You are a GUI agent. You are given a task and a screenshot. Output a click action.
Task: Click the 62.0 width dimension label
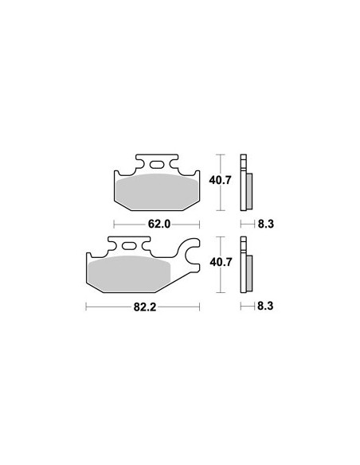[x=159, y=225]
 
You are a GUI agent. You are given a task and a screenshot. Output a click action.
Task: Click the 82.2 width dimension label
[x=145, y=307]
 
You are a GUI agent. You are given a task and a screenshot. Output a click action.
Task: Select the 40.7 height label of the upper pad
[x=220, y=180]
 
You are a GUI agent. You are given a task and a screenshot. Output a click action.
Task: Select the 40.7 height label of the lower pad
[x=221, y=262]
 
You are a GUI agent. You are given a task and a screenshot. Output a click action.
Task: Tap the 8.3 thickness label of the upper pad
[x=266, y=224]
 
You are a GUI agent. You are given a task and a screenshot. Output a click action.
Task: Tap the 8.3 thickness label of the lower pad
[x=265, y=306]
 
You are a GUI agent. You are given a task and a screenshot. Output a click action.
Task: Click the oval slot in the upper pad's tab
[x=157, y=164]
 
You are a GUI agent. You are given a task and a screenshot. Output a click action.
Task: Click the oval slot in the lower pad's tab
[x=129, y=246]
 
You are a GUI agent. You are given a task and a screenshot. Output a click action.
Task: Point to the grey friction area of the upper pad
[x=157, y=191]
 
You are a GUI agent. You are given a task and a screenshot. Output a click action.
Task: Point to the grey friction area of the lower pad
[x=129, y=273]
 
